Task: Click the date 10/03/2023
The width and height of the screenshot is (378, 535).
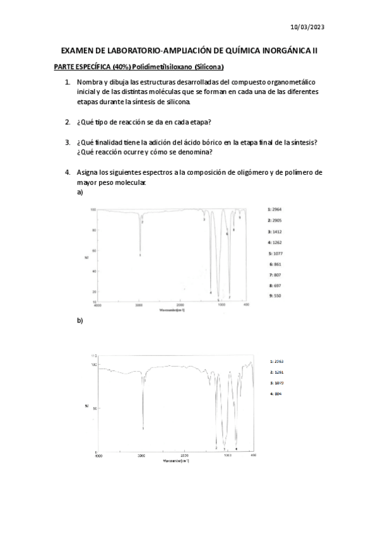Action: coord(308,28)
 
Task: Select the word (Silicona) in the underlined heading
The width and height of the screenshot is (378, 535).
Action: coord(208,67)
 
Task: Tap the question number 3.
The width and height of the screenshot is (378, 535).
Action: coord(68,143)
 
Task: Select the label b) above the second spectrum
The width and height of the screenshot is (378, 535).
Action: coord(80,320)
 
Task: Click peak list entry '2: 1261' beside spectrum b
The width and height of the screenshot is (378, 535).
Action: coord(276,372)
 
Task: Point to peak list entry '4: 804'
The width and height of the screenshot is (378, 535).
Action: coord(276,394)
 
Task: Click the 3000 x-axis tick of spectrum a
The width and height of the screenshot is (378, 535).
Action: coord(139,306)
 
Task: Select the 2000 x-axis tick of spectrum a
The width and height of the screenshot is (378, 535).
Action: coord(180,306)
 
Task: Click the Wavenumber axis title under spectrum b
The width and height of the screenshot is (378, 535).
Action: coord(176,461)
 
